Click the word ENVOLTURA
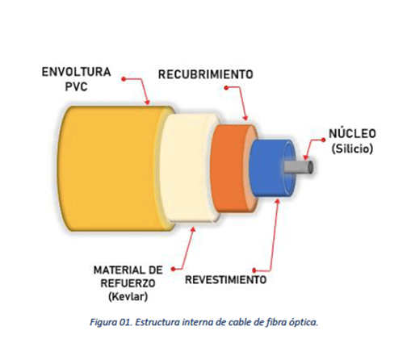76,72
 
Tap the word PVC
77,86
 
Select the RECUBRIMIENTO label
206,74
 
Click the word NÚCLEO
352,134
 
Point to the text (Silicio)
352,149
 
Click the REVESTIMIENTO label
226,280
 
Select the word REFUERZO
128,283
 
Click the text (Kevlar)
128,297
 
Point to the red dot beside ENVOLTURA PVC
124,79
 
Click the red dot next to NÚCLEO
324,140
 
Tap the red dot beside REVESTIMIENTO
254,270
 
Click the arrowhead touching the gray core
305,157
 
